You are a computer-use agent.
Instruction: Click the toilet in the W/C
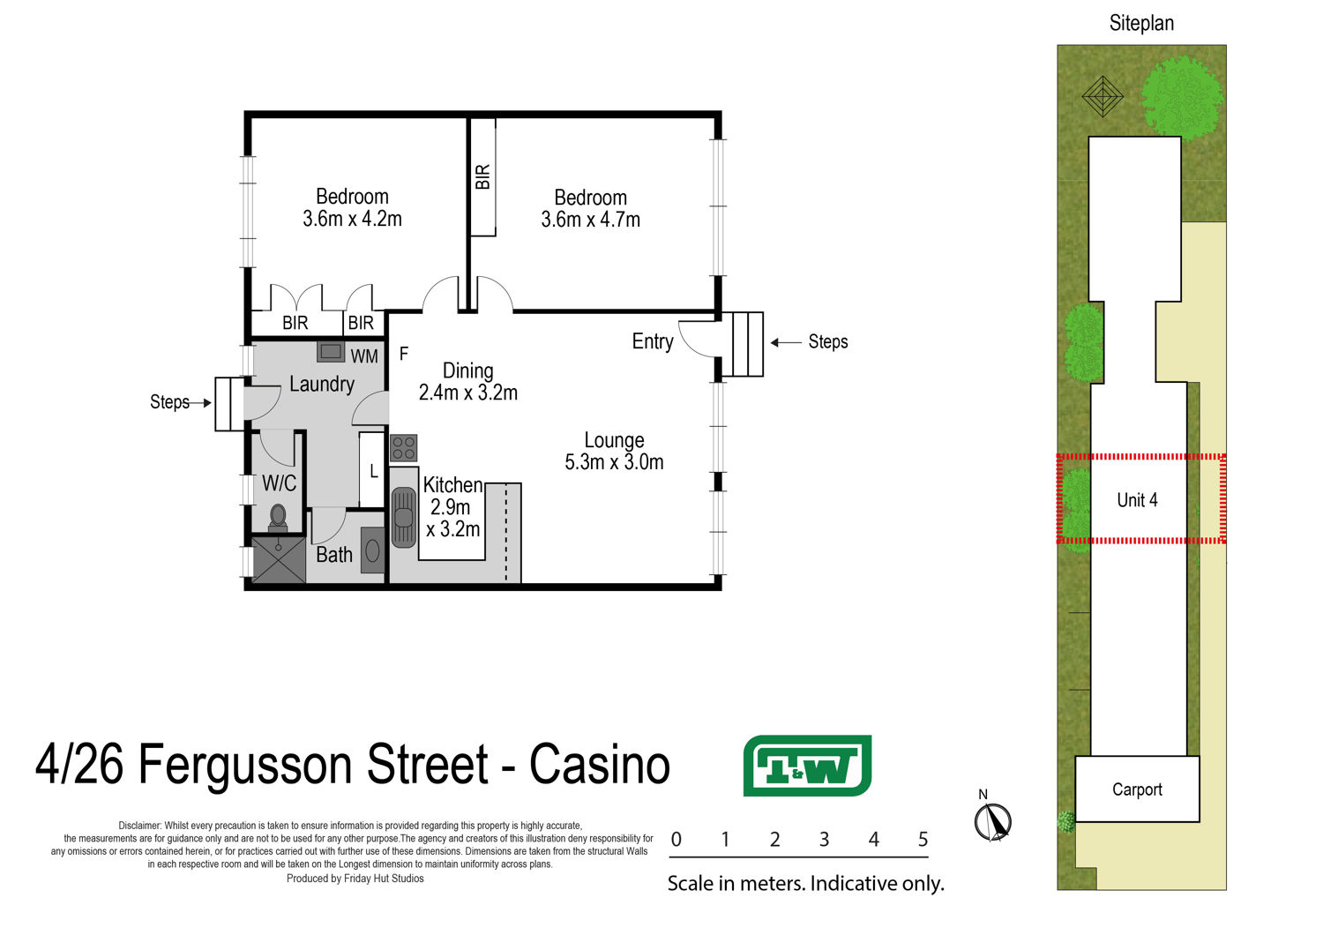click(278, 519)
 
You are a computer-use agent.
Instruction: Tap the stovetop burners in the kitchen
click(403, 448)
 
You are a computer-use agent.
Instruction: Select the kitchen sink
click(403, 517)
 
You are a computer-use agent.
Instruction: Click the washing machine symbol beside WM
click(331, 352)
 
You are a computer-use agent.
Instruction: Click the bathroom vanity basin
click(373, 550)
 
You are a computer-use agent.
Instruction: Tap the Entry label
click(653, 341)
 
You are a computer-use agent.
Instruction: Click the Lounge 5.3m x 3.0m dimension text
click(614, 462)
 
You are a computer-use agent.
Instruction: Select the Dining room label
click(467, 371)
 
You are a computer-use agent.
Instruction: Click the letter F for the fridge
click(404, 353)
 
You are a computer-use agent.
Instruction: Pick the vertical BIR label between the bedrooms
click(482, 176)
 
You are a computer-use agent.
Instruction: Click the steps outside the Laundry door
click(229, 404)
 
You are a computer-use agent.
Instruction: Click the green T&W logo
click(807, 766)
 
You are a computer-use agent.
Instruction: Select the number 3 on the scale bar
click(825, 840)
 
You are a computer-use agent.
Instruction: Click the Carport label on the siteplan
click(1137, 789)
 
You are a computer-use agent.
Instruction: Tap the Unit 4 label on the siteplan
click(1137, 500)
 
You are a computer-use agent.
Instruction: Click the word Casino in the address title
click(600, 765)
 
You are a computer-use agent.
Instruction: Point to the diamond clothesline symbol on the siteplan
click(1102, 96)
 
